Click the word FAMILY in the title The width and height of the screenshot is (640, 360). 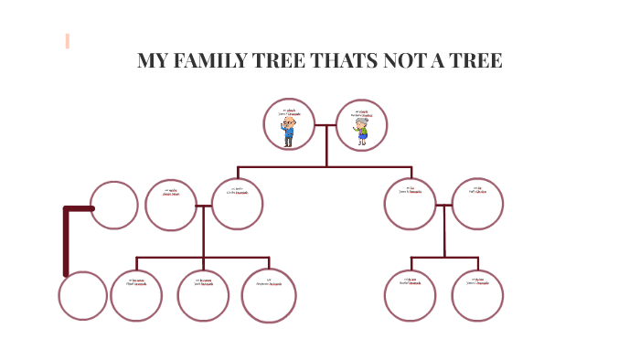211,62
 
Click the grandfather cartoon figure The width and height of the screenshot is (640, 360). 289,132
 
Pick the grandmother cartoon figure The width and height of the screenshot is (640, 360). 362,132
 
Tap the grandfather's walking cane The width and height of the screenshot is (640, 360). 283,136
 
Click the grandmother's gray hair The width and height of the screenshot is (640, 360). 362,122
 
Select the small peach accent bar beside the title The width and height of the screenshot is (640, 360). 68,40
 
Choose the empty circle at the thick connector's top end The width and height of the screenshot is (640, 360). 115,205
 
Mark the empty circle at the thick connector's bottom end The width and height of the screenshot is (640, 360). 82,296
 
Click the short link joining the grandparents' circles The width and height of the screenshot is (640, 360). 325,125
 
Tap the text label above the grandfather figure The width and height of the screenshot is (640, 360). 289,112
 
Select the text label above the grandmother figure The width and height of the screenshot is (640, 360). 362,112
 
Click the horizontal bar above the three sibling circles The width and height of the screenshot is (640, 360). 203,259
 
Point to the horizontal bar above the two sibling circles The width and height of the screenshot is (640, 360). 444,259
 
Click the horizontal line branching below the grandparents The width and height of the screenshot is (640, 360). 325,167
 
